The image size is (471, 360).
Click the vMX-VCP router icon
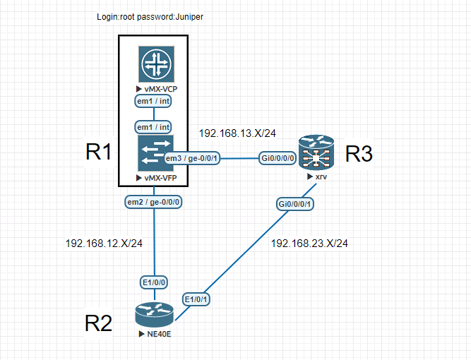[156, 64]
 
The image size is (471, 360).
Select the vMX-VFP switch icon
[155, 153]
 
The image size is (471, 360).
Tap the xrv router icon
[316, 152]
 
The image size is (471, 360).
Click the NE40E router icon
[154, 314]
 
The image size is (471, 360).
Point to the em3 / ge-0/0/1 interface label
[192, 158]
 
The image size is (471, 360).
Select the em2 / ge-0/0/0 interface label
[153, 202]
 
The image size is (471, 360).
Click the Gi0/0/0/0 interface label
[278, 158]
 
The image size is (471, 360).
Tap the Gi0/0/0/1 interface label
[294, 204]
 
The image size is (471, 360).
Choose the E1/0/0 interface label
[154, 282]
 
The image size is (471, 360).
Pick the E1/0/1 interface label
[196, 299]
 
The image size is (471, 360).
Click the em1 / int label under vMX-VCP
[153, 101]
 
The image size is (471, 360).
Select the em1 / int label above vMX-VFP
[153, 127]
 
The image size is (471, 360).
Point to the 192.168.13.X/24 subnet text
[237, 133]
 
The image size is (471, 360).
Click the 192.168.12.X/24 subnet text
[104, 244]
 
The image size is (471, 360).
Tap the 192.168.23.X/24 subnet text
[309, 244]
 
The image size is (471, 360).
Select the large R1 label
[99, 152]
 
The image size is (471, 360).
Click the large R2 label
[99, 323]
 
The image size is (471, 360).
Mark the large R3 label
[359, 154]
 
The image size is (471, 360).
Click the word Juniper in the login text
[189, 17]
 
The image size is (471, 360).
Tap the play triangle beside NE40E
[142, 334]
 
